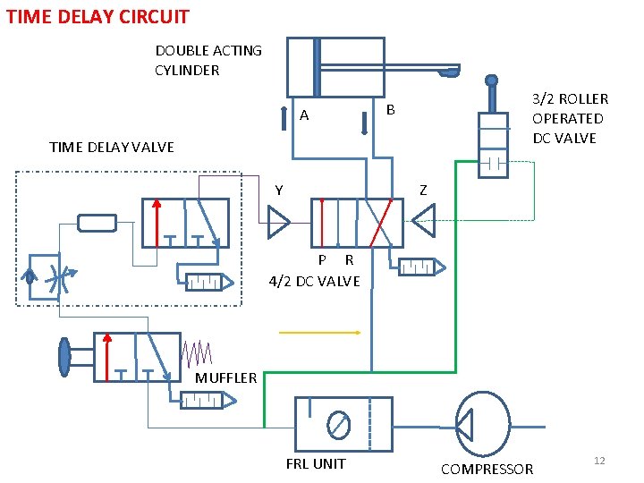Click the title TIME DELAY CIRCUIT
pyautogui.click(x=97, y=16)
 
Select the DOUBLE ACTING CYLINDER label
pyautogui.click(x=208, y=60)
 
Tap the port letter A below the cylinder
pyautogui.click(x=304, y=115)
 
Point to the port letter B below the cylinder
pyautogui.click(x=390, y=110)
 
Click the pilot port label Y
pyautogui.click(x=279, y=190)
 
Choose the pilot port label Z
pyautogui.click(x=423, y=190)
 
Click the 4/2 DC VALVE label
pyautogui.click(x=314, y=281)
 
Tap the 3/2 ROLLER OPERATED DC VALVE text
pyautogui.click(x=570, y=118)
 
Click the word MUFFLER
pyautogui.click(x=225, y=377)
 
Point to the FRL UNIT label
pyautogui.click(x=315, y=463)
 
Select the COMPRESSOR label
pyautogui.click(x=487, y=469)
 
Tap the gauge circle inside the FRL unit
pyautogui.click(x=339, y=424)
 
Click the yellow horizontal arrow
pyautogui.click(x=319, y=332)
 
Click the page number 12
pyautogui.click(x=599, y=460)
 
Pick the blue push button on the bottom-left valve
pyautogui.click(x=64, y=355)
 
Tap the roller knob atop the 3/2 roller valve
pyautogui.click(x=491, y=80)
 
